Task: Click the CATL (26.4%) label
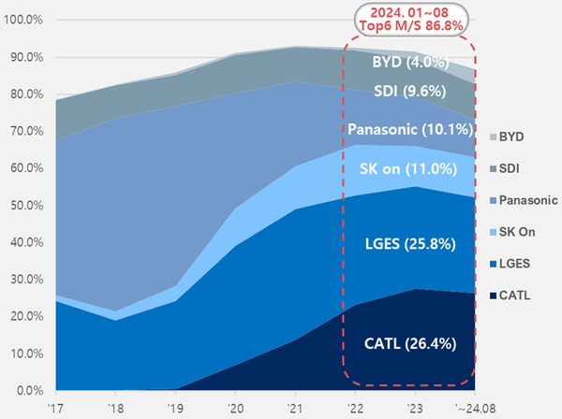(409, 343)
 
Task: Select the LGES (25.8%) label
(409, 246)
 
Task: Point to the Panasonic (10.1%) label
(409, 128)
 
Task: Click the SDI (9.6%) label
(409, 94)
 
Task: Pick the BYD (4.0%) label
(409, 64)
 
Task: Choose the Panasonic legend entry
(529, 200)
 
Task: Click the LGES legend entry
(517, 264)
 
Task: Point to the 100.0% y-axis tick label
(23, 20)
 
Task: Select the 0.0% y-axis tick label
(27, 390)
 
